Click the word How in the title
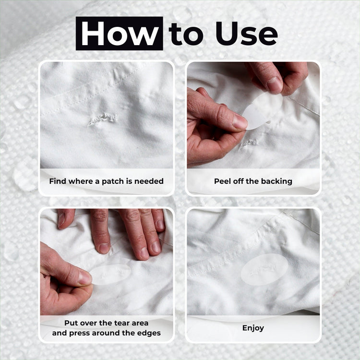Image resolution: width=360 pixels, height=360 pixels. point(120,34)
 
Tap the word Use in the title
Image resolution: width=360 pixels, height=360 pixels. point(247,34)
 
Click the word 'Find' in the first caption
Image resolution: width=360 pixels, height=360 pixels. point(58,181)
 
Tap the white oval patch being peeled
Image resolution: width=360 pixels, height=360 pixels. point(262,111)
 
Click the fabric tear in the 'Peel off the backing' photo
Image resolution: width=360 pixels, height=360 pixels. point(248,144)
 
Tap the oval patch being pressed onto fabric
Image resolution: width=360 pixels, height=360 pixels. point(110,275)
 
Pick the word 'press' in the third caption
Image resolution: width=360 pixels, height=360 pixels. point(79,334)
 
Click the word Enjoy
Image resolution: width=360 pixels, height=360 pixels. point(253,328)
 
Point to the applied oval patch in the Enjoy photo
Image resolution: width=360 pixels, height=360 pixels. point(264,269)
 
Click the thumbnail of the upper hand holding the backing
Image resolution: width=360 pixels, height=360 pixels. point(275,85)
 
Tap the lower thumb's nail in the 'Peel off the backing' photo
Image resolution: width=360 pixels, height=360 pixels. point(240,121)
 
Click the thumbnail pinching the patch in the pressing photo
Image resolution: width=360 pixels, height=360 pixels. point(84,277)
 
